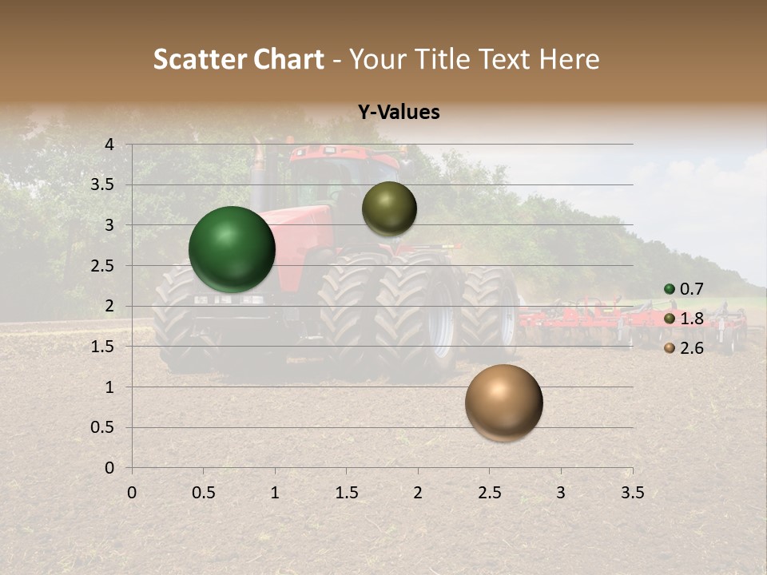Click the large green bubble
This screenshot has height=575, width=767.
[x=232, y=249]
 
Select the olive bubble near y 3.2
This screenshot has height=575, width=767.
[x=389, y=208]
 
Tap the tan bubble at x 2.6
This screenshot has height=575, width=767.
[x=504, y=402]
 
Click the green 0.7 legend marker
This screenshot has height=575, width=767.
[x=670, y=289]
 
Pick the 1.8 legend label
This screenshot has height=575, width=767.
[x=691, y=319]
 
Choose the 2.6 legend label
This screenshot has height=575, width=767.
[x=691, y=348]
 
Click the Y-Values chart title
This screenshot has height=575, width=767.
[x=399, y=113]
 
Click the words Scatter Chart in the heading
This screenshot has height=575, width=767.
[x=238, y=59]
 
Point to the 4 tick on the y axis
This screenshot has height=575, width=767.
[x=109, y=145]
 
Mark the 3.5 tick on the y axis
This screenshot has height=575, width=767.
[x=103, y=185]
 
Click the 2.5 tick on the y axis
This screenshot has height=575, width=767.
[x=103, y=266]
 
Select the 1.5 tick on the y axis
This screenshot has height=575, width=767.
[x=103, y=347]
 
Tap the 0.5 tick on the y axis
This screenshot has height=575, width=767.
[x=103, y=427]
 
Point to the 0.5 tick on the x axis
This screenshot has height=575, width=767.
[x=203, y=493]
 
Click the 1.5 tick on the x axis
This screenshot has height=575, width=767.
[x=346, y=493]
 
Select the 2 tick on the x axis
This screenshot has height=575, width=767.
[x=418, y=493]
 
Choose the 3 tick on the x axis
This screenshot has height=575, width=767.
[x=561, y=493]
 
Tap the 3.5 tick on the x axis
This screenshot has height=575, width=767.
[x=632, y=493]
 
